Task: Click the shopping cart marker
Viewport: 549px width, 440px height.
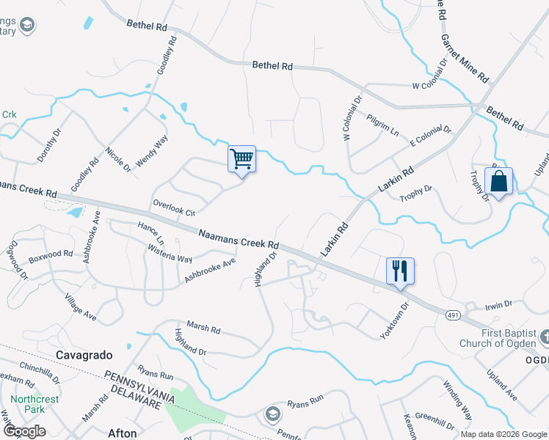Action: (x=242, y=158)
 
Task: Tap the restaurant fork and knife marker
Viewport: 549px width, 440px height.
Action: (x=400, y=270)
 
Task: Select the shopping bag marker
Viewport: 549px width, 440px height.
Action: (x=498, y=181)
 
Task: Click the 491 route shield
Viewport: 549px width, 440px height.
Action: (x=452, y=314)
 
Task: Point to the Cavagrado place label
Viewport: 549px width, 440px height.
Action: (x=84, y=355)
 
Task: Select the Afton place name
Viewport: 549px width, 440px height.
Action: (x=123, y=433)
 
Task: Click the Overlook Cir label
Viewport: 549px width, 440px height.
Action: (x=174, y=208)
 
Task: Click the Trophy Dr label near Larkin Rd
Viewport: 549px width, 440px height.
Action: (x=415, y=193)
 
